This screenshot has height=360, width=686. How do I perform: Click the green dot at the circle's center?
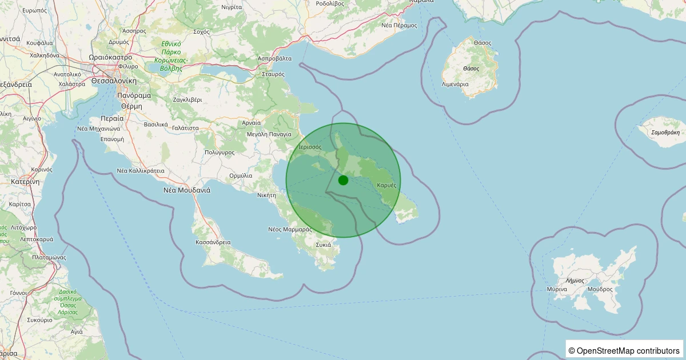click(343, 180)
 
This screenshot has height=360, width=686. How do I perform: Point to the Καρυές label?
click(387, 185)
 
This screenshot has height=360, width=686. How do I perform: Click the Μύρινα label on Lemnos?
click(556, 289)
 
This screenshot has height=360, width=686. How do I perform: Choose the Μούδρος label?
click(599, 289)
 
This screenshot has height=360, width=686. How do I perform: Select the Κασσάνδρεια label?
click(213, 242)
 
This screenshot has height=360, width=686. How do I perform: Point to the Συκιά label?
click(323, 245)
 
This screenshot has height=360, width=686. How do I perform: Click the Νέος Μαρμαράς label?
click(289, 229)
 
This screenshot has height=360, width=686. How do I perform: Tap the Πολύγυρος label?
click(220, 153)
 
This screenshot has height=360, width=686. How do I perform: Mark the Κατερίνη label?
click(25, 182)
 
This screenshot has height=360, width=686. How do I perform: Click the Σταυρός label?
click(273, 74)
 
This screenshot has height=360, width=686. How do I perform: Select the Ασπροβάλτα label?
click(275, 58)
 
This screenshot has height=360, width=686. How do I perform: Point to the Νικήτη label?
click(267, 195)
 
